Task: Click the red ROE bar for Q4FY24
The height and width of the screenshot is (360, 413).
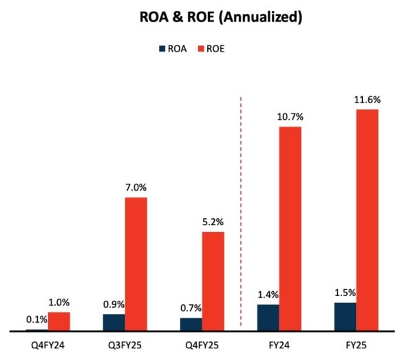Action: [x=59, y=321]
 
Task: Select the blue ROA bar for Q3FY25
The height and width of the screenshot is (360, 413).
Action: [x=114, y=323]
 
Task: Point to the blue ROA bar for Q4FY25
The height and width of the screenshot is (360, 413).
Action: [x=191, y=324]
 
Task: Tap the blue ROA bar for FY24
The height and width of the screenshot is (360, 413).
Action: [x=268, y=317]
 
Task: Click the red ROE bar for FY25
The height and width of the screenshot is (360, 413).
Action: [x=368, y=220]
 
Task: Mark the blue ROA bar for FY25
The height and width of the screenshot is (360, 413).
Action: [x=346, y=317]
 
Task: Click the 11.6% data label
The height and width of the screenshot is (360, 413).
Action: [x=368, y=100]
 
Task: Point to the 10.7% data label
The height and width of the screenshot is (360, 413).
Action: [x=290, y=117]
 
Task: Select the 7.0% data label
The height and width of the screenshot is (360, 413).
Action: [x=136, y=187]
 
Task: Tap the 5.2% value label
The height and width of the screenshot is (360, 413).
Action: [x=213, y=222]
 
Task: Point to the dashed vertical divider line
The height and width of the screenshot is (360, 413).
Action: [x=241, y=213]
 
